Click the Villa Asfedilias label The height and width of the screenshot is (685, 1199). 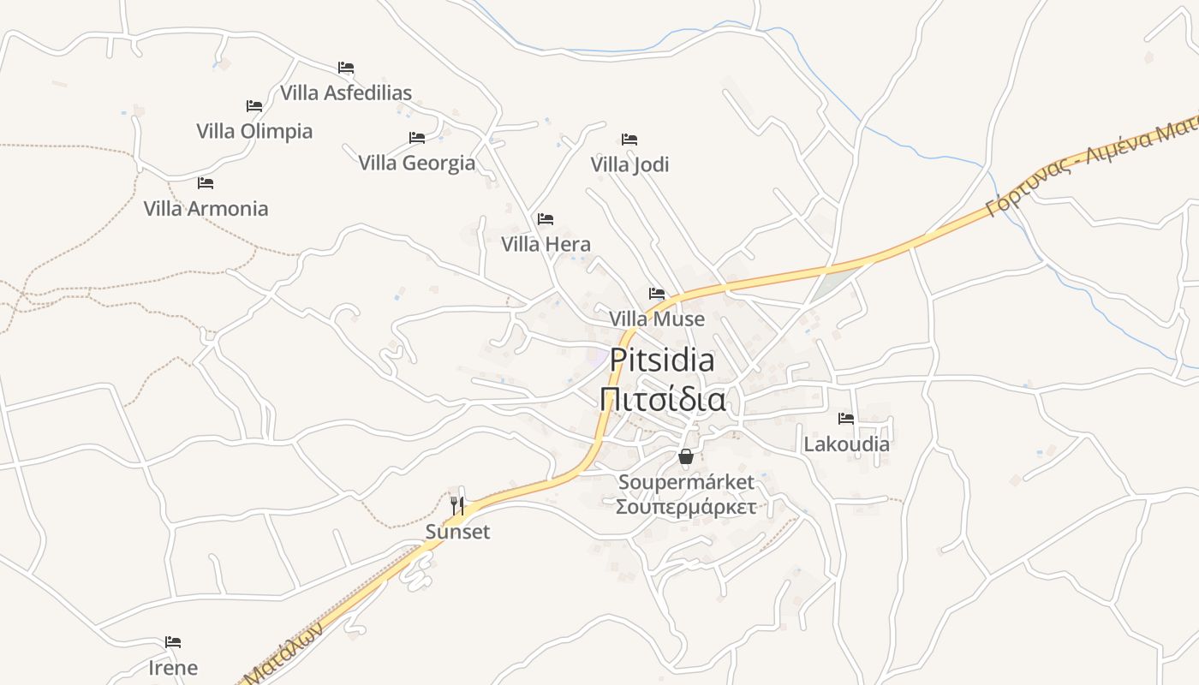click(346, 92)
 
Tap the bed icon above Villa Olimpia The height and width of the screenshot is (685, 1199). click(254, 106)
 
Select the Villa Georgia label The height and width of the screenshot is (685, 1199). click(416, 163)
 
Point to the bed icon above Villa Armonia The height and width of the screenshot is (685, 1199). click(206, 183)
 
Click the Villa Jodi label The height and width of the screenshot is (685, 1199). click(629, 164)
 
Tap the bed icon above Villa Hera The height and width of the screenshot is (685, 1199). click(546, 219)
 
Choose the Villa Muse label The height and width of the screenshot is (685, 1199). click(657, 319)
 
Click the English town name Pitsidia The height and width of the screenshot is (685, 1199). click(662, 360)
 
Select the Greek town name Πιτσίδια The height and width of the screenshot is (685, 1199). click(662, 399)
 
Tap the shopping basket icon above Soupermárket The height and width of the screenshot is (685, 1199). click(686, 456)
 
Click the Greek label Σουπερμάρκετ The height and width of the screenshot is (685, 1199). click(686, 507)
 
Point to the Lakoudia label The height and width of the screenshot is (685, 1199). click(846, 444)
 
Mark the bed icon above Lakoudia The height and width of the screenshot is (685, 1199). click(846, 419)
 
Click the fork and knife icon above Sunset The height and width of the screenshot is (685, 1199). click(457, 506)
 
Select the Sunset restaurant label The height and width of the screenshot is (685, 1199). click(458, 532)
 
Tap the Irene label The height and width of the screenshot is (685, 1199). click(173, 668)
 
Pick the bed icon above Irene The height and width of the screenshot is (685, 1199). click(173, 642)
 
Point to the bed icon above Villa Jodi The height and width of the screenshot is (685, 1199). click(629, 140)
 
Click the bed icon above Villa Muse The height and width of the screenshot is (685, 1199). click(657, 294)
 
